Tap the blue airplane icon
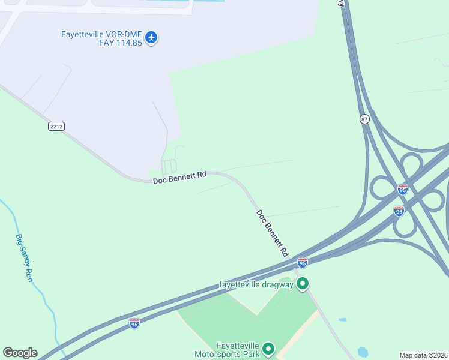coord(151,38)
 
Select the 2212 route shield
coord(56,126)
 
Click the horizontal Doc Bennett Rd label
coord(179,177)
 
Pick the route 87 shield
coord(364,119)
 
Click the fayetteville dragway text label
coord(256,284)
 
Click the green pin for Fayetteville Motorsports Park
coord(268,348)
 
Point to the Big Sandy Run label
coord(23,258)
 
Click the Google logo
coord(20,353)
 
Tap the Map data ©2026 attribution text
coord(423,355)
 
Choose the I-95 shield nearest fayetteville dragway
coord(303,263)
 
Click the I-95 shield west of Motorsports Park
coord(134,323)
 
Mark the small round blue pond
coord(363,352)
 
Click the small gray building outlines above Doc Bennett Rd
coord(169,166)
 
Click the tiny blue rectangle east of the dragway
coord(342,319)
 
